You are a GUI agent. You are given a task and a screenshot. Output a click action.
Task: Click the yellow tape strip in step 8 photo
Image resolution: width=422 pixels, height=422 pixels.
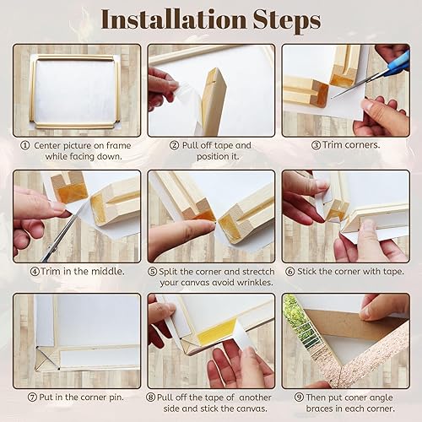[x=215, y=332]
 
